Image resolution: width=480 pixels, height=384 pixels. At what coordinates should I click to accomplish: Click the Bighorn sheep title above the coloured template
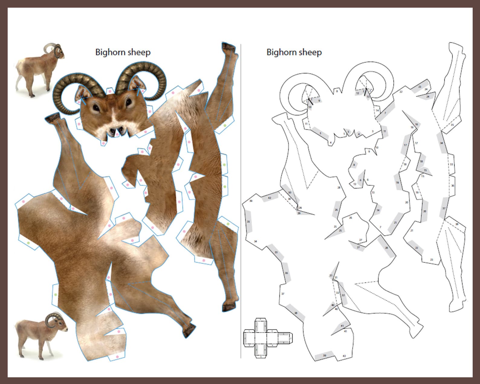(123, 52)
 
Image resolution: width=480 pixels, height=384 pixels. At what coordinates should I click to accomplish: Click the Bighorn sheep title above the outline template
(294, 52)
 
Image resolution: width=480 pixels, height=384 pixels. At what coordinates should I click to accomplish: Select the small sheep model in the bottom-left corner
(41, 336)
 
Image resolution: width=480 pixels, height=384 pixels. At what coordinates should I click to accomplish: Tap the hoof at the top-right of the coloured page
(229, 47)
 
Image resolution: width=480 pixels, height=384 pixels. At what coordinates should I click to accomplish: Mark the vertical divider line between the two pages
(241, 200)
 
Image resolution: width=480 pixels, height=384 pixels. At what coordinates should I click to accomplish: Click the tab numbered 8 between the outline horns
(337, 90)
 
